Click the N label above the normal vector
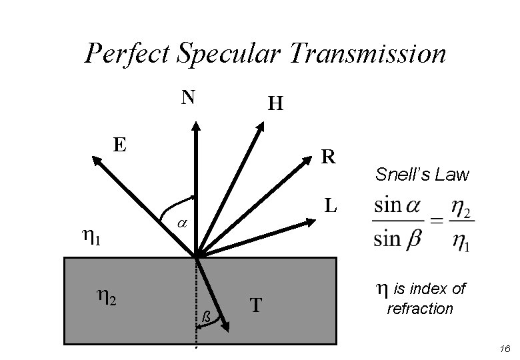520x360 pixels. [189, 98]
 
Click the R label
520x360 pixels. [328, 156]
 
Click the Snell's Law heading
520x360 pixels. [422, 175]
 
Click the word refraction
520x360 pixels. [420, 309]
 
